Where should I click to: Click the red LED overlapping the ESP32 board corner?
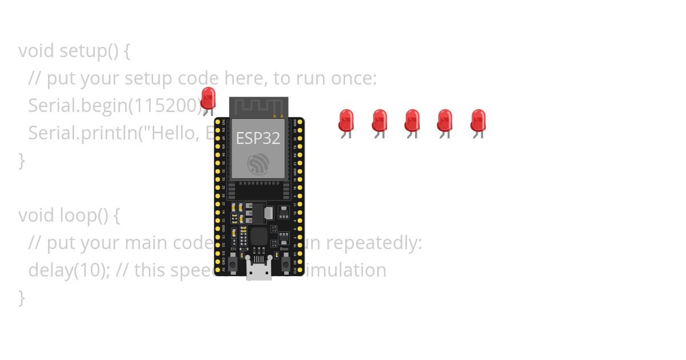pyautogui.click(x=209, y=98)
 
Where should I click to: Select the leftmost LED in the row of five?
pyautogui.click(x=346, y=121)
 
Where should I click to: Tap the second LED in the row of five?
pyautogui.click(x=379, y=121)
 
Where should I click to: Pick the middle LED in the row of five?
pyautogui.click(x=412, y=121)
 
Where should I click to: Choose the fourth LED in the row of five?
pyautogui.click(x=445, y=121)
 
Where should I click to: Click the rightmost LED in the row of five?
pyautogui.click(x=478, y=121)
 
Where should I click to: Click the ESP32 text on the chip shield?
pyautogui.click(x=258, y=138)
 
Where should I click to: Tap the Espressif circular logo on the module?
pyautogui.click(x=258, y=164)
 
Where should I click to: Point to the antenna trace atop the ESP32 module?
pyautogui.click(x=258, y=106)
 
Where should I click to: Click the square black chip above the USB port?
pyautogui.click(x=259, y=236)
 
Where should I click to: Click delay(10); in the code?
pyautogui.click(x=69, y=270)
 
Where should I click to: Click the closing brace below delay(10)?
pyautogui.click(x=22, y=297)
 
